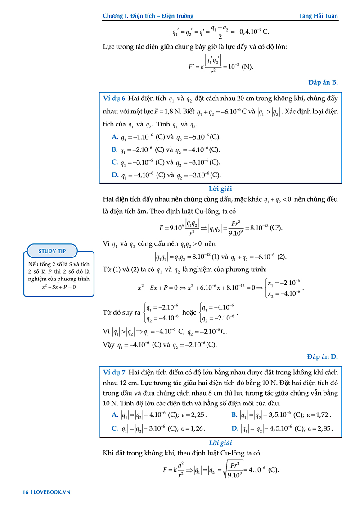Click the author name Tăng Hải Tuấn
[318, 16]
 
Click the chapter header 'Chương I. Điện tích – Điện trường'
[148, 16]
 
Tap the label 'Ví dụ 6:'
[115, 99]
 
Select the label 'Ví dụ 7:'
[115, 372]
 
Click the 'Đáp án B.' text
[323, 82]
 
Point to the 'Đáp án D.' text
[323, 357]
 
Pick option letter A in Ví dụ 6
[115, 137]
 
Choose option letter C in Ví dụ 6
[115, 162]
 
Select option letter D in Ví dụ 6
[115, 175]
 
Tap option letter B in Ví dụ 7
[234, 415]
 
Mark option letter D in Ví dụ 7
[234, 428]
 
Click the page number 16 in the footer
[26, 492]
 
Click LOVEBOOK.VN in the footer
[53, 492]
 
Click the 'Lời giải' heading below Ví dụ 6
[220, 189]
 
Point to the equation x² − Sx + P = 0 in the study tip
[58, 287]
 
